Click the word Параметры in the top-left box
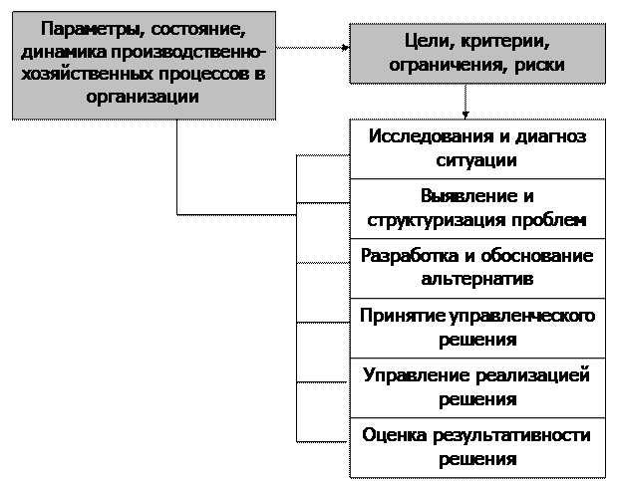(92, 30)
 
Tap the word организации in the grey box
(143, 97)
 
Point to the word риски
(539, 66)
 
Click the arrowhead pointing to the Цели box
(346, 48)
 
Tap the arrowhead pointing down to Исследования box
(465, 115)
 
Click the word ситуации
(476, 160)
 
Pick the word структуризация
(437, 220)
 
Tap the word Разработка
(410, 256)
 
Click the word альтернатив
(477, 279)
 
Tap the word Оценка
(394, 435)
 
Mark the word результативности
(511, 436)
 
